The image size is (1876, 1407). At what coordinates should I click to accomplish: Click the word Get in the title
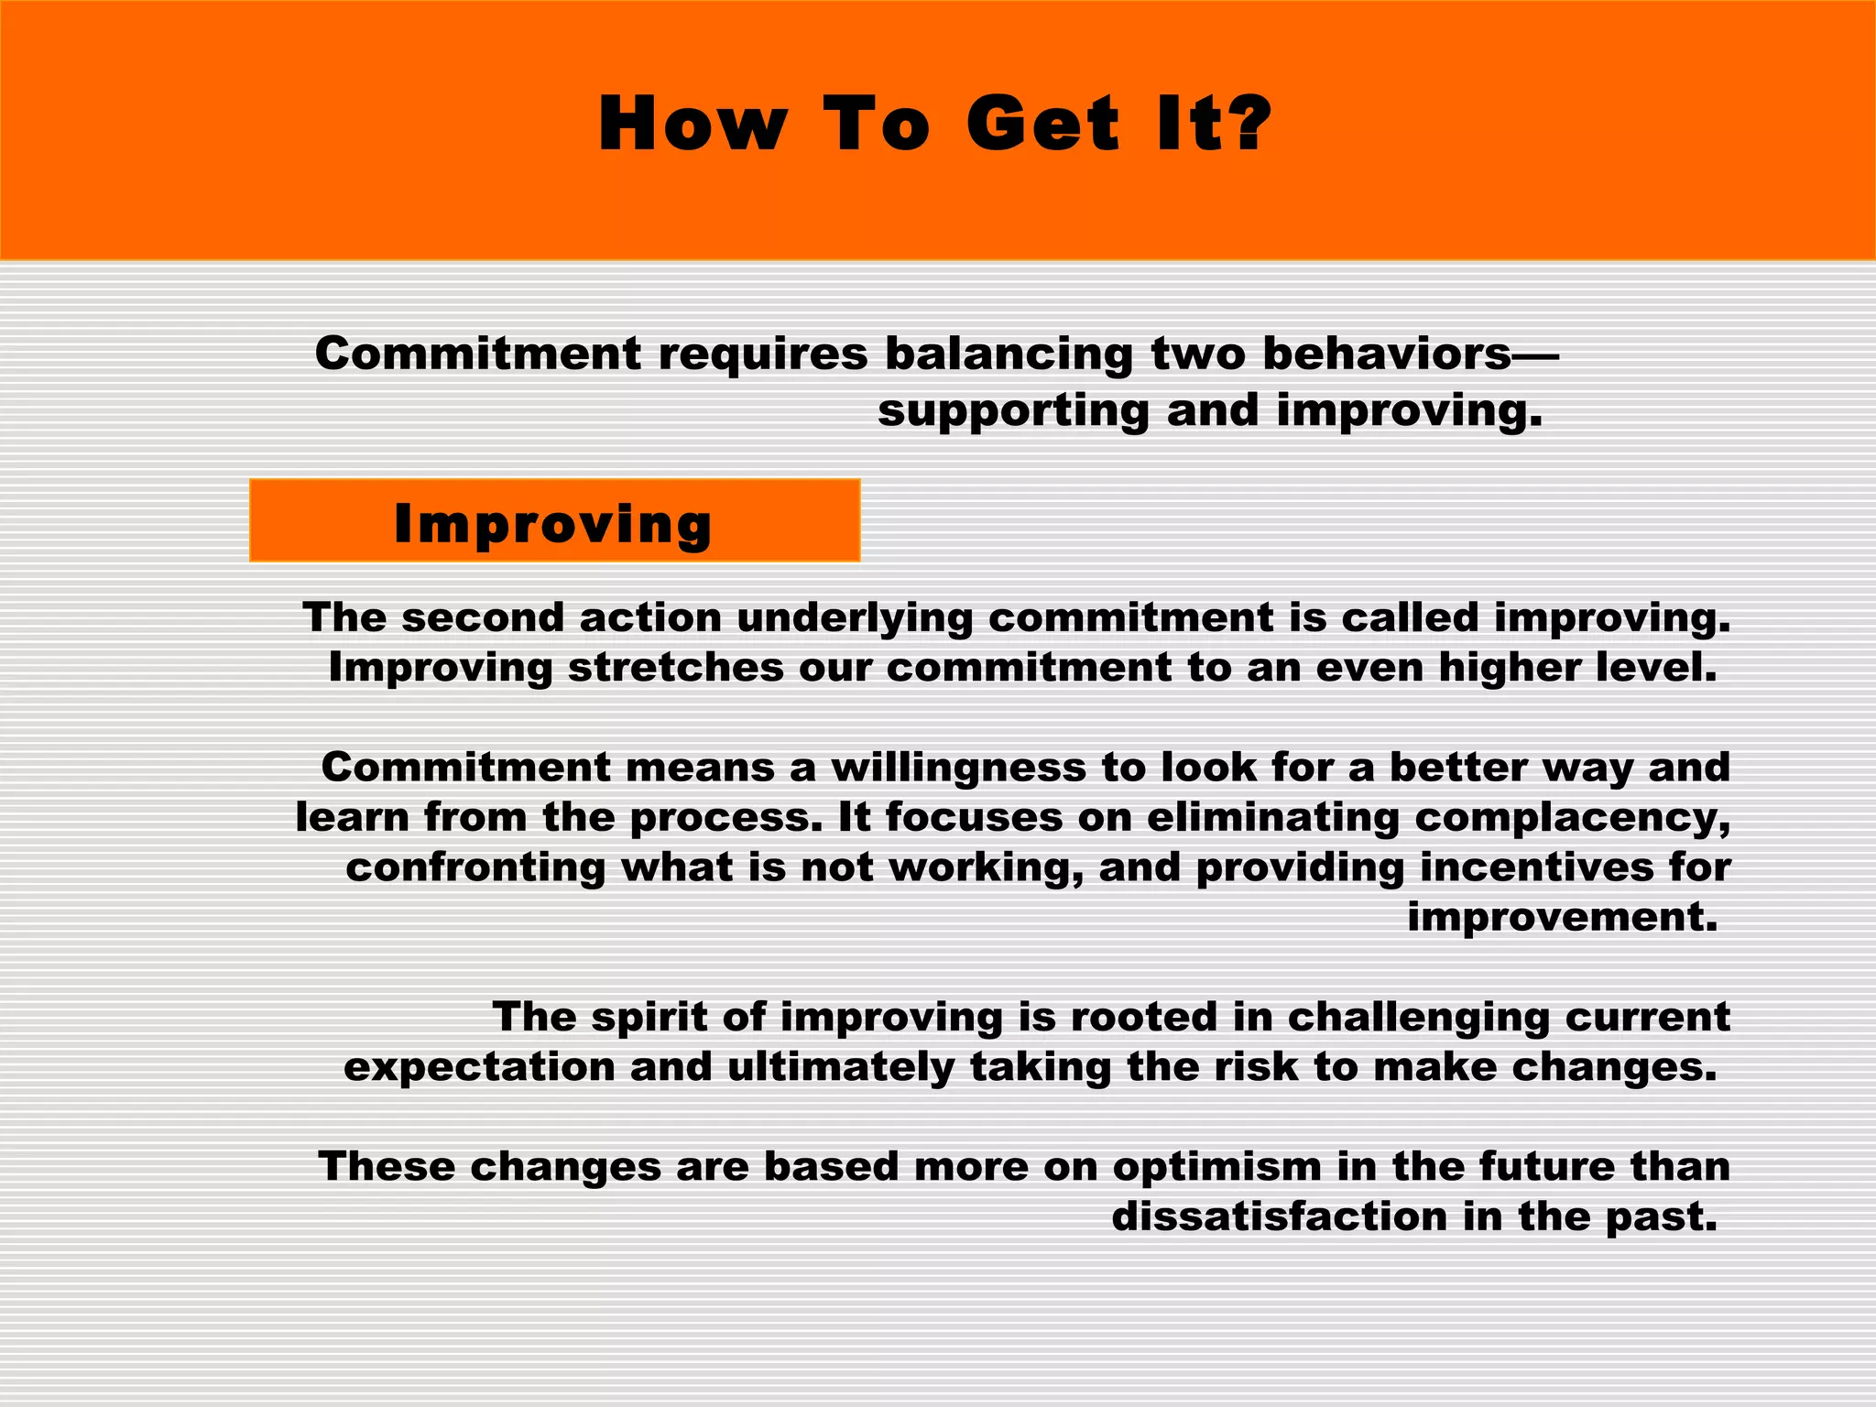[x=1042, y=124]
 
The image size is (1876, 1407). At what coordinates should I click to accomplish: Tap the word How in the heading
[x=693, y=124]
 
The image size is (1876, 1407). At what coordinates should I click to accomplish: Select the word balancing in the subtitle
[x=1008, y=354]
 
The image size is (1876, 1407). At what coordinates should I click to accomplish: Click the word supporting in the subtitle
[x=1013, y=411]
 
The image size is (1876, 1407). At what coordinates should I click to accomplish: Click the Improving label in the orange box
[x=553, y=523]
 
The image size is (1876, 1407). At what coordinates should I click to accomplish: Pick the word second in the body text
[x=483, y=617]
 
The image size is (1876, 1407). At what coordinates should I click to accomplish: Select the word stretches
[x=675, y=667]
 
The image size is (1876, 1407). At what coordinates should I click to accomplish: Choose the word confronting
[x=475, y=867]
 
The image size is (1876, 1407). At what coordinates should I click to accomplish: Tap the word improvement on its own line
[x=1561, y=917]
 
